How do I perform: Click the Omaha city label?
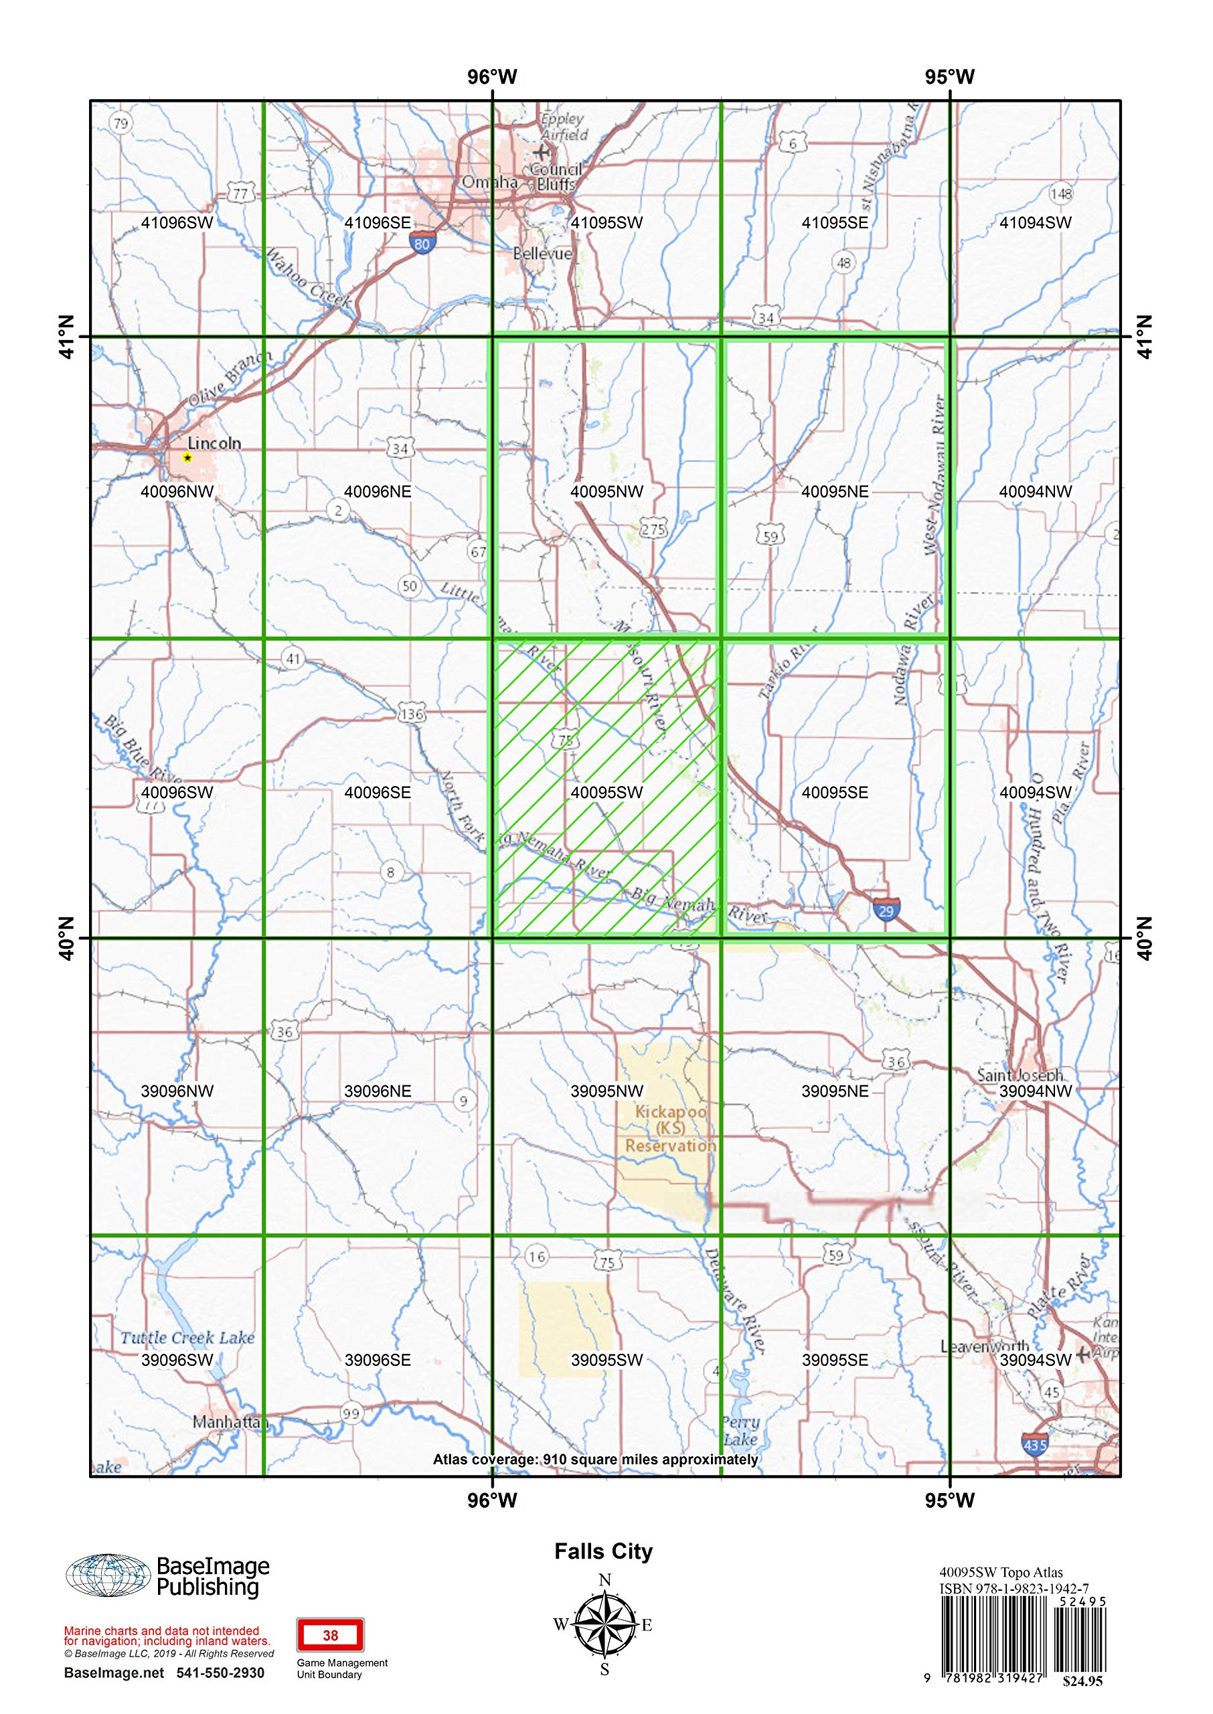(x=489, y=182)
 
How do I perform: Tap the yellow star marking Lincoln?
(x=187, y=458)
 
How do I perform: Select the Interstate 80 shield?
(x=421, y=244)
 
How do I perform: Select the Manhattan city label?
(x=230, y=1422)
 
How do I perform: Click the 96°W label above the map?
(x=492, y=77)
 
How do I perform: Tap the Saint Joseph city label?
(x=1020, y=1075)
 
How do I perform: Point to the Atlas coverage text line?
(x=595, y=1460)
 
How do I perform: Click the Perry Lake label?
(x=741, y=1431)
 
